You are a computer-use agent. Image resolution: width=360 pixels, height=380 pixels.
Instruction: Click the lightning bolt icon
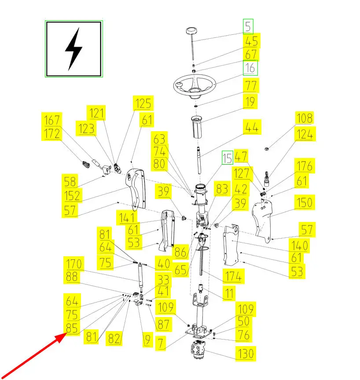coord(73,49)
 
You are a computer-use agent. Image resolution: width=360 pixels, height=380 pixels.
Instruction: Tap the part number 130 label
coord(246,354)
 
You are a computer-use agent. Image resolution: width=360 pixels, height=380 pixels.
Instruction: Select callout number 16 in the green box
coord(250,68)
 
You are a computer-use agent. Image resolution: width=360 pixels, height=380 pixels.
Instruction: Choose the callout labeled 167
coord(52,120)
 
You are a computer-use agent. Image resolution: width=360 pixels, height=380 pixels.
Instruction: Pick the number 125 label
coord(143,104)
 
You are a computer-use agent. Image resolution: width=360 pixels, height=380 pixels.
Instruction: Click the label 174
coord(233,277)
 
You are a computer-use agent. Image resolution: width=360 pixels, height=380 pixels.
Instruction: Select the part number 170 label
coord(73,264)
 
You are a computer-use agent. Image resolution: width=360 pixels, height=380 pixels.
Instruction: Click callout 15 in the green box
coord(227,158)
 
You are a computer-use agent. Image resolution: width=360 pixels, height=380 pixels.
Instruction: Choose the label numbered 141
coord(126,217)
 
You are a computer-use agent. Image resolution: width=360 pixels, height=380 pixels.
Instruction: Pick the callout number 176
coord(304,166)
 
